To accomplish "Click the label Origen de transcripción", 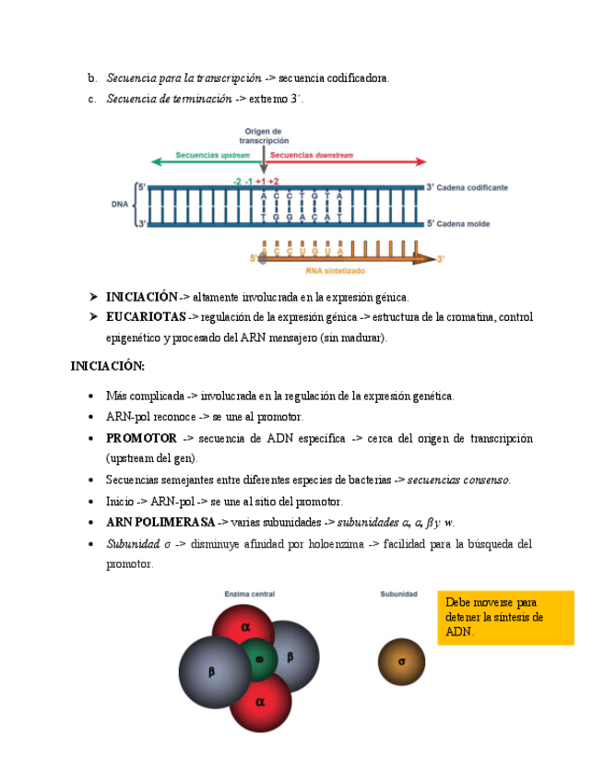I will (x=264, y=136).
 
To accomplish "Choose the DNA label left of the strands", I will (x=120, y=205).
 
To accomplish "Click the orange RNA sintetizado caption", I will (x=335, y=272).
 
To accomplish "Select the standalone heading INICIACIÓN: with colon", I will (x=108, y=366).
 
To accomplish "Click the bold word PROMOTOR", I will (x=141, y=438).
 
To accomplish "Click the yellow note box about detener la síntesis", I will (x=505, y=617).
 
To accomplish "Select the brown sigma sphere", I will (x=401, y=661).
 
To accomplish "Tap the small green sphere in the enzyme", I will (x=259, y=658).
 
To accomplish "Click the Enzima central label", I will (x=250, y=595).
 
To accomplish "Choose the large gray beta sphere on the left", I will (x=211, y=672).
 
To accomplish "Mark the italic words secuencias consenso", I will (x=458, y=480).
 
